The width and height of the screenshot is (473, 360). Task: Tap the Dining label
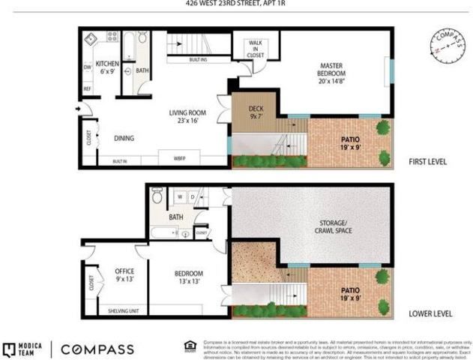pos(124,138)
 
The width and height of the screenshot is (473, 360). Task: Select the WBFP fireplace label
pos(180,160)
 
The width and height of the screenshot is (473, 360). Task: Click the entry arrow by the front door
pos(79,110)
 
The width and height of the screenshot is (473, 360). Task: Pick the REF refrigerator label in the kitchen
pos(88,89)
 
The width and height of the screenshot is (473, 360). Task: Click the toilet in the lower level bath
pos(157,196)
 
